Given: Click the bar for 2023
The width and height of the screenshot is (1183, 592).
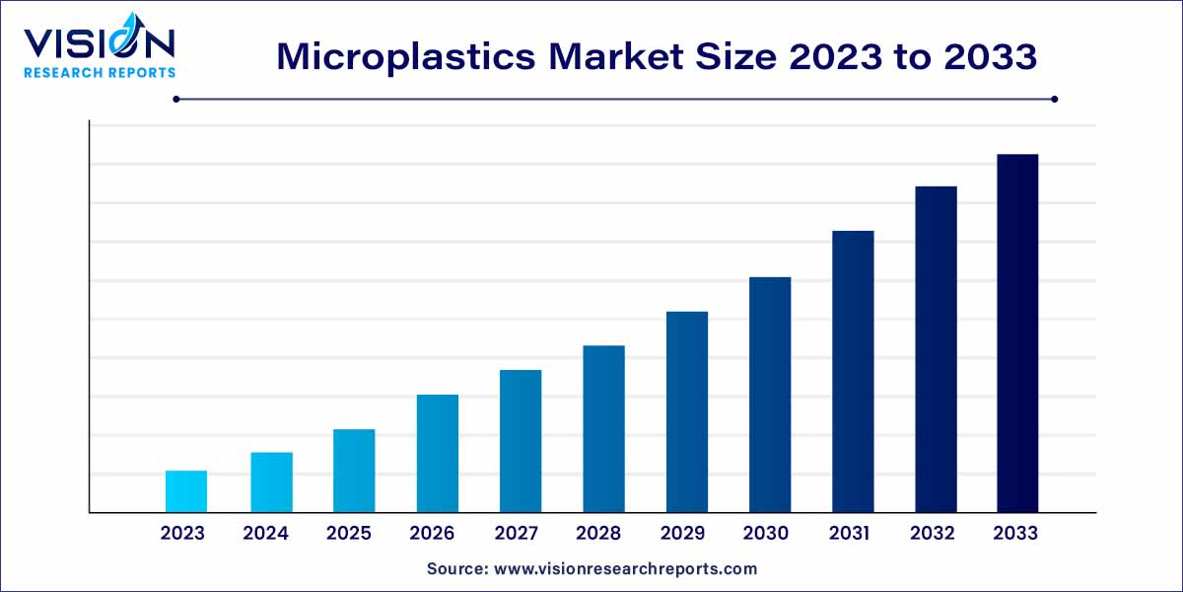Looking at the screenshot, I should pos(185,491).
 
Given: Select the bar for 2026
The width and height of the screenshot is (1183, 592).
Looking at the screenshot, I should pos(437,454).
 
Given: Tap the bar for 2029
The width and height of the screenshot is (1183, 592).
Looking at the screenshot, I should pos(686,412).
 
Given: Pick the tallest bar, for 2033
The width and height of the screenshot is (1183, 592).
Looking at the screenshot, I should pos(1016,333).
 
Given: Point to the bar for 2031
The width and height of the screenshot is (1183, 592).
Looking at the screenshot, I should pos(853,372).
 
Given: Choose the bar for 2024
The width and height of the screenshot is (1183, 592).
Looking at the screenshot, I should pos(271,482).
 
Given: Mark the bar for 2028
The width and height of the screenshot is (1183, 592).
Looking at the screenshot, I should pos(603,429).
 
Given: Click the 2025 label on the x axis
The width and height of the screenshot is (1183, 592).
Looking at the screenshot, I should pos(349,534).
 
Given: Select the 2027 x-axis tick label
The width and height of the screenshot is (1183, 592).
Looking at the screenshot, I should pos(516,534).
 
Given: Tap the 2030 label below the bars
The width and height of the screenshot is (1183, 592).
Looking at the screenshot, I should pos(766,534).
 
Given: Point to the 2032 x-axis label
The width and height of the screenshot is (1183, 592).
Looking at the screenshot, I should pos(933,534).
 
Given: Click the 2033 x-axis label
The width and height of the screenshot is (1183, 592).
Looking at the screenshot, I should pos(1015,534).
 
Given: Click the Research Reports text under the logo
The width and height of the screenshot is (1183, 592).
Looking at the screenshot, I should pos(100,72).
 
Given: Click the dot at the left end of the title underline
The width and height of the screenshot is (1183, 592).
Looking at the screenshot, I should pos(176,99).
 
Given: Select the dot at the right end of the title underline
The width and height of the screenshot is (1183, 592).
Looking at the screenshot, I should pos(1054,99).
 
